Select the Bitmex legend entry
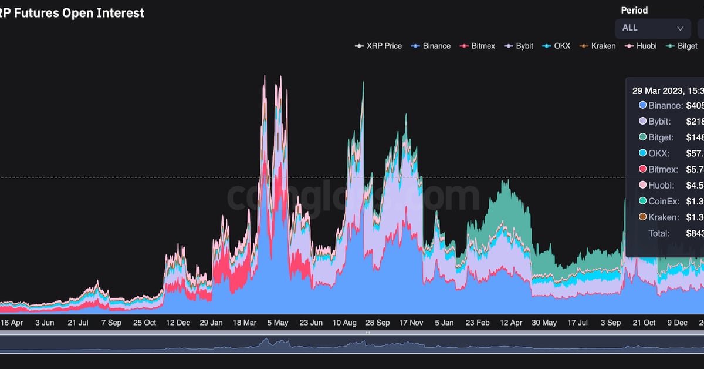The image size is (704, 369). click(479, 46)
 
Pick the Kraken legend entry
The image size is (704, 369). click(598, 46)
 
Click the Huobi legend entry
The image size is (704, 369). click(641, 46)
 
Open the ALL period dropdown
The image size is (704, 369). click(653, 28)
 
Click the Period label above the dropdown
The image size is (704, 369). click(635, 11)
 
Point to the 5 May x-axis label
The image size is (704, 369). click(277, 323)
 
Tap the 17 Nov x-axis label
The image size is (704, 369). click(411, 323)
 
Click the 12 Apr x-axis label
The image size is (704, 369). click(510, 323)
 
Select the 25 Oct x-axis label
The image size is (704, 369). click(144, 323)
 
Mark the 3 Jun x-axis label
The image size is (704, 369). click(45, 323)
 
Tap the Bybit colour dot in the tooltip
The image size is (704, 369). click(642, 122)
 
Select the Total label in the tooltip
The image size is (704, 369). click(659, 233)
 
